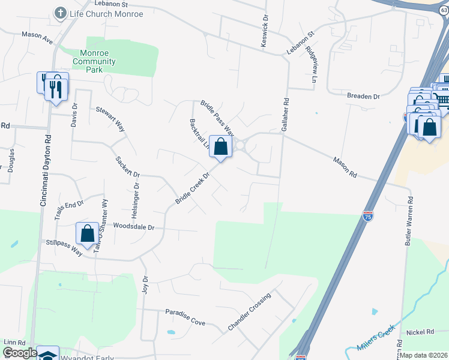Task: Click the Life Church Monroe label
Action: click(x=107, y=14)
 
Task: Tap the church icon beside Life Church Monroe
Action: click(x=60, y=13)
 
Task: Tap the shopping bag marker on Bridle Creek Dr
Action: click(x=220, y=147)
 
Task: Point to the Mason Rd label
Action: click(x=345, y=167)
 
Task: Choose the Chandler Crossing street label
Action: click(x=250, y=311)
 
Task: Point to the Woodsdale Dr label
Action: click(x=134, y=227)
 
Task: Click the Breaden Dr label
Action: click(x=364, y=96)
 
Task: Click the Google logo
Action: click(x=19, y=353)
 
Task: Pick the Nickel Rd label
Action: click(x=420, y=332)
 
